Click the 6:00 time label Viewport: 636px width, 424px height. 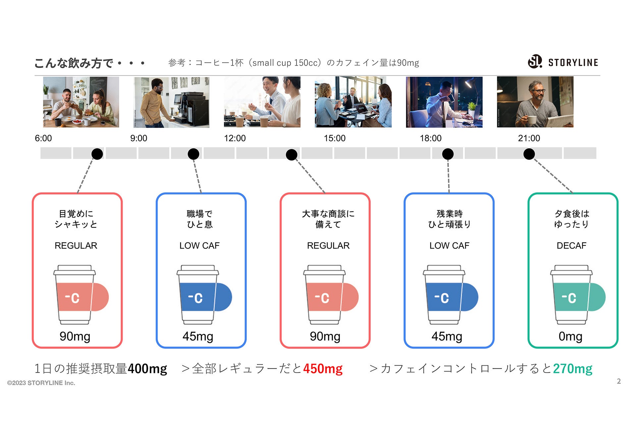[43, 138]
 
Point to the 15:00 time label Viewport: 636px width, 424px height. [335, 138]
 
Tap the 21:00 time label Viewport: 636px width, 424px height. [529, 138]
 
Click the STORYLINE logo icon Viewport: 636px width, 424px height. [535, 62]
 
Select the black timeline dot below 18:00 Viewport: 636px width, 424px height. [448, 154]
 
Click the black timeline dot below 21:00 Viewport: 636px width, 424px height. [529, 154]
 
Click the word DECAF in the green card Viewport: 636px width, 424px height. [571, 245]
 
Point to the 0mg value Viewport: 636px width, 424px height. [570, 336]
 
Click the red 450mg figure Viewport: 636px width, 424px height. [323, 369]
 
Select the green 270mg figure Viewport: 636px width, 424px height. [572, 369]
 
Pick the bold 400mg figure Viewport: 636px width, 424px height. [147, 369]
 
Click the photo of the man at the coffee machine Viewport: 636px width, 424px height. [172, 102]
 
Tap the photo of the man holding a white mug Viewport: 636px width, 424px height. [535, 102]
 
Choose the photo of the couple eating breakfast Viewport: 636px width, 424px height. [81, 102]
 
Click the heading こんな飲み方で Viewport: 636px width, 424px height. [74, 63]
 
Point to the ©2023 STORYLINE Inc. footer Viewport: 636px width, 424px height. [41, 383]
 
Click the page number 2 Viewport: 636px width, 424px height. [619, 381]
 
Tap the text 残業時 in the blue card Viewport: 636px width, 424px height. [450, 214]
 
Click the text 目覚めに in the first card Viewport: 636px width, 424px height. [76, 214]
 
